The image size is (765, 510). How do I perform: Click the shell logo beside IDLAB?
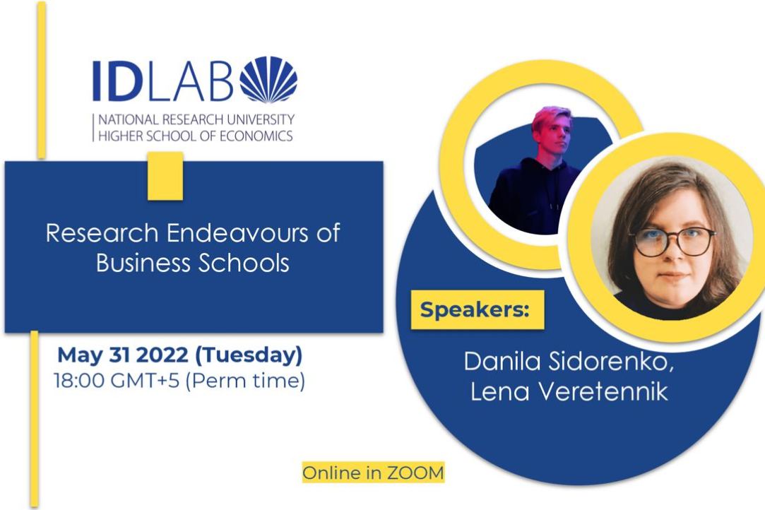pos(269,80)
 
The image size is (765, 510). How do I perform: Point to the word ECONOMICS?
pos(256,136)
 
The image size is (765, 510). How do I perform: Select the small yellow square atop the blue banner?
pos(165,176)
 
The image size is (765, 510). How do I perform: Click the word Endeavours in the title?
pos(237,233)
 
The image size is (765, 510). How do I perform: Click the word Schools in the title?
pos(244,263)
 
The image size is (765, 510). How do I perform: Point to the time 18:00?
pos(79,381)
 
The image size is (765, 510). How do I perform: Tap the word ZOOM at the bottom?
pos(415,473)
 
